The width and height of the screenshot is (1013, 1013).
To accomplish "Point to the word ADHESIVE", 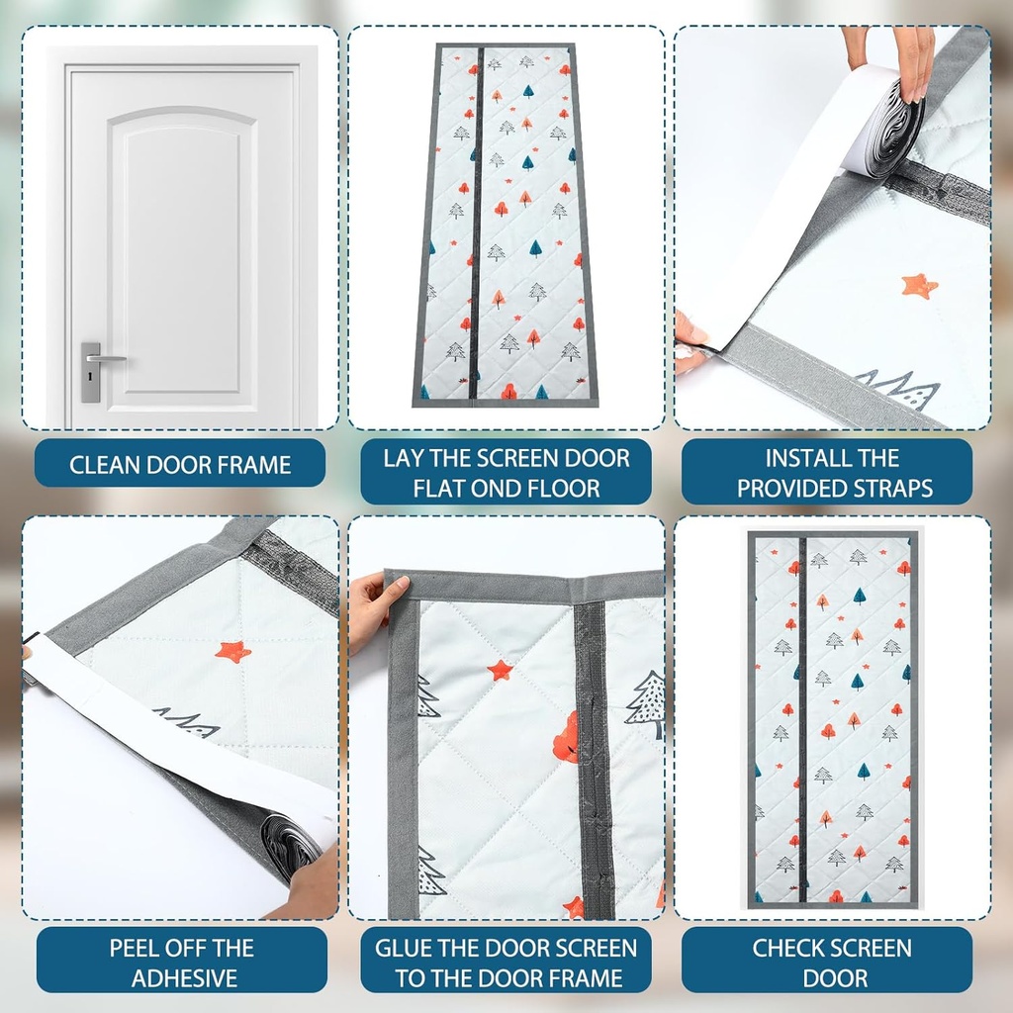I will [184, 978].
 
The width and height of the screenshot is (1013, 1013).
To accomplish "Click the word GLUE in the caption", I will [405, 948].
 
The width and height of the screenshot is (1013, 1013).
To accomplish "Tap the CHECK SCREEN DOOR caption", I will [832, 963].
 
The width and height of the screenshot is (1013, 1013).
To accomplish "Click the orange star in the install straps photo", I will [918, 286].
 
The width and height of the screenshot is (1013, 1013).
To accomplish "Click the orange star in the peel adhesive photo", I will [232, 650].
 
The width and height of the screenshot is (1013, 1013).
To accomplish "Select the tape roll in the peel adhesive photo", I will [288, 847].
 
